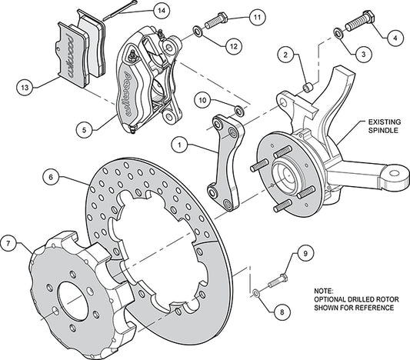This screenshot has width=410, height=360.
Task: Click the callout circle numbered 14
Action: (x=160, y=11)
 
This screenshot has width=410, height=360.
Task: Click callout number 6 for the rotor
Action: (x=50, y=178)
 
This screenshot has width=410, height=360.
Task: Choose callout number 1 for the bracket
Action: (x=178, y=143)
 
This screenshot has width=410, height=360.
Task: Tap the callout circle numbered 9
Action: (x=304, y=253)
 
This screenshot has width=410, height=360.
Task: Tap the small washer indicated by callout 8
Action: (x=255, y=293)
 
